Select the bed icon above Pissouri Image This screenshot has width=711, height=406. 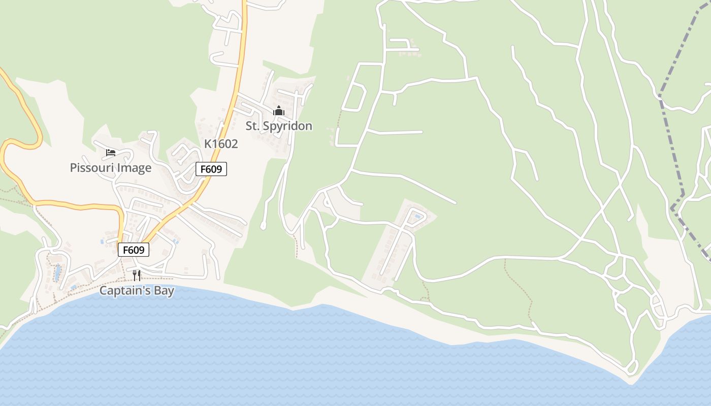click(111, 153)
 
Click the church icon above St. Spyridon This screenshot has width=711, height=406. click(279, 111)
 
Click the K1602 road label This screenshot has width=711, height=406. click(221, 144)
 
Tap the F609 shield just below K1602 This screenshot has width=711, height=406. click(211, 169)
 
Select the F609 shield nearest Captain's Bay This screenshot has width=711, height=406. click(134, 250)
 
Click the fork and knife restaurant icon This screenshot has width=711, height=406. click(137, 275)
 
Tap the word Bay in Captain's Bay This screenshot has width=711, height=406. click(165, 291)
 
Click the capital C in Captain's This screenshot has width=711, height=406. click(103, 291)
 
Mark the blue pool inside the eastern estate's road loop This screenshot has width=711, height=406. click(418, 217)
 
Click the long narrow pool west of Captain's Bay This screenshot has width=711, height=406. click(57, 273)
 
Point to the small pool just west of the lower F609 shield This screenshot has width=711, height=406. click(102, 242)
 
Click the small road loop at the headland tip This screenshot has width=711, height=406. click(632, 366)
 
